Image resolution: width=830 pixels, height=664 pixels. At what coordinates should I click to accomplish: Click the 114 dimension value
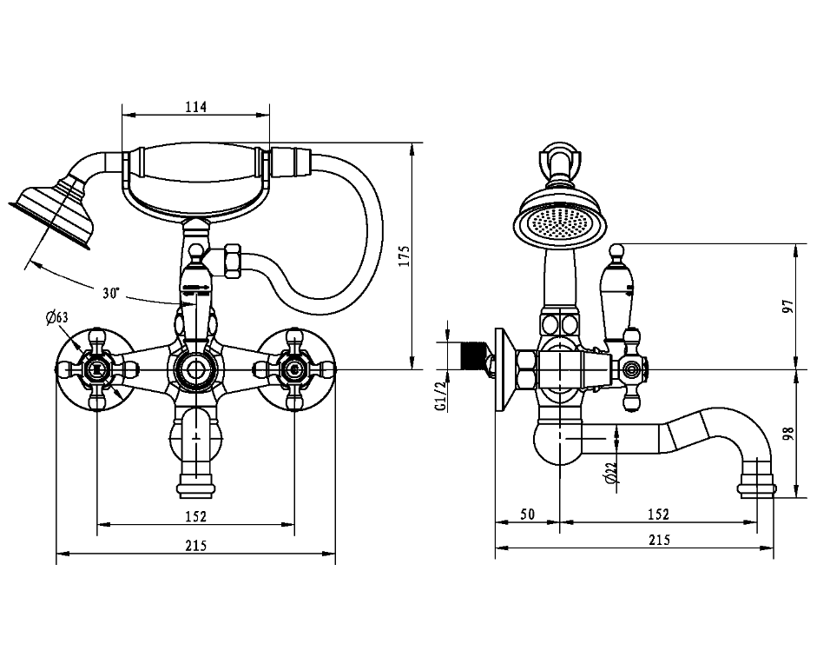pos(196,107)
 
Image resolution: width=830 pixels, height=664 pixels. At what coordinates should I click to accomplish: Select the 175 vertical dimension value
pos(404,256)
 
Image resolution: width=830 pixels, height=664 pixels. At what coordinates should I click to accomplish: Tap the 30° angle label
pos(111,293)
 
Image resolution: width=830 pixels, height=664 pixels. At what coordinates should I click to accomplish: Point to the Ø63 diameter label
pos(56,318)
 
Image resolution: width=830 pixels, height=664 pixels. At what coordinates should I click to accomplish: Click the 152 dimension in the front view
pos(196,516)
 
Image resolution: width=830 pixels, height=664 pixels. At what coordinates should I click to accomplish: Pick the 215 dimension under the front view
pos(196,545)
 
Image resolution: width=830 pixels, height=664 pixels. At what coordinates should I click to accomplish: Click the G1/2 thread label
pos(440,396)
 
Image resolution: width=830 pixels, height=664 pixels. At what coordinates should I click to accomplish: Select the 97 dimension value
pos(788,306)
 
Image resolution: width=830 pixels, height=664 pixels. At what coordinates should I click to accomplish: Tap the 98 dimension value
pos(788,434)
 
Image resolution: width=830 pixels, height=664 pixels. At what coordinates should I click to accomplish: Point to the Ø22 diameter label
pos(610,472)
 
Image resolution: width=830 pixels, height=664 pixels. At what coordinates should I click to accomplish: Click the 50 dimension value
pos(527,514)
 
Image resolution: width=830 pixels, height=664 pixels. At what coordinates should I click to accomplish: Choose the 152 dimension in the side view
pos(658,514)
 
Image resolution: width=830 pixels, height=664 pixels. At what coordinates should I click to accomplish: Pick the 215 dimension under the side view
pos(658,540)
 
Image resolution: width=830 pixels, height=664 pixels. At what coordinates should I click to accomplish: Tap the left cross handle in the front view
pos(97,369)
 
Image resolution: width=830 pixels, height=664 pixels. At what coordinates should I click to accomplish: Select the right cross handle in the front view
pos(294,369)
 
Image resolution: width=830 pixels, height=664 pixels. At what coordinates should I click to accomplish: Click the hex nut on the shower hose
pos(233,261)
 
